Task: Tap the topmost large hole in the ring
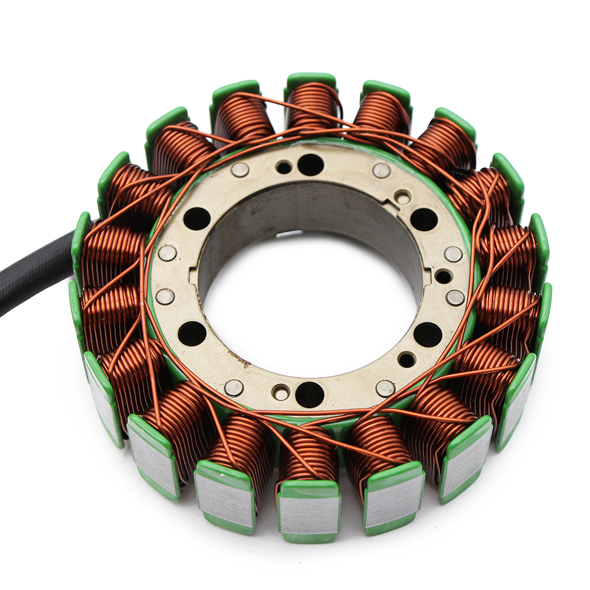[310, 165]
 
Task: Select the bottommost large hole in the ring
[310, 394]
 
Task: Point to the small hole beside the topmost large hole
[284, 167]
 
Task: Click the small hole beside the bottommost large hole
[281, 392]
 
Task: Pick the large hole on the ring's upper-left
[197, 219]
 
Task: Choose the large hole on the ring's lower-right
[427, 335]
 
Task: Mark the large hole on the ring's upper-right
[424, 219]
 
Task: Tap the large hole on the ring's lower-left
[192, 333]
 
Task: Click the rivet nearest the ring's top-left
[240, 170]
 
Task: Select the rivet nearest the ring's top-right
[382, 171]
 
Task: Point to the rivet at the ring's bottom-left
[234, 388]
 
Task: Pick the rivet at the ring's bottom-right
[385, 388]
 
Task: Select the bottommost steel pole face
[310, 514]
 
